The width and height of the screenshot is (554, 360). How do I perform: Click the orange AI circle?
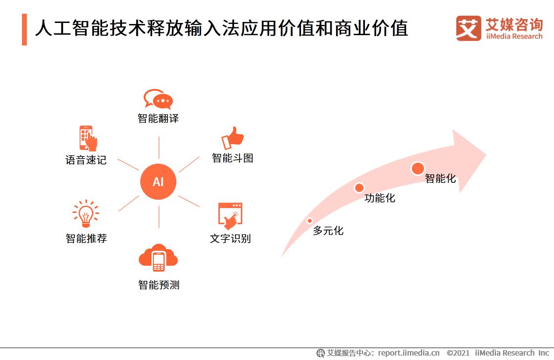[158, 182]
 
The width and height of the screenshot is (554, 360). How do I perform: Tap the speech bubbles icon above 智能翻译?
[158, 99]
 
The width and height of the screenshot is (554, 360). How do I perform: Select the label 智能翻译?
[158, 119]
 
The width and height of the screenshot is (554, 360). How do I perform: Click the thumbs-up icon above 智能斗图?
[233, 138]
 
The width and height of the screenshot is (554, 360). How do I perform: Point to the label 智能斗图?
[233, 158]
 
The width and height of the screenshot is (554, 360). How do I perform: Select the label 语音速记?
[86, 160]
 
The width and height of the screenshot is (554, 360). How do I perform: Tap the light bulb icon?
[86, 213]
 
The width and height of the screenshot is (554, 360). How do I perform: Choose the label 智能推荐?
[86, 238]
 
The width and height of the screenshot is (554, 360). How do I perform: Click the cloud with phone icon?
[158, 258]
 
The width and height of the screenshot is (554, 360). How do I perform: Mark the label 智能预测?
[159, 285]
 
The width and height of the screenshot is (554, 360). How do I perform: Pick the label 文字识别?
[230, 238]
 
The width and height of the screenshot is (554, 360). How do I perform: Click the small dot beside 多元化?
[309, 221]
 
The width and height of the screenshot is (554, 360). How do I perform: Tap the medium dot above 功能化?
[359, 188]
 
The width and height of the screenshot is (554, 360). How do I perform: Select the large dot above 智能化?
[418, 169]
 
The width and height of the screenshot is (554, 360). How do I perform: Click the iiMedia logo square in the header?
[469, 28]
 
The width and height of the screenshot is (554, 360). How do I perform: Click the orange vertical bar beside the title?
[24, 29]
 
